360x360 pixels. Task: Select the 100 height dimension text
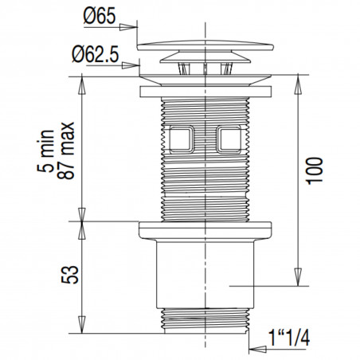(x=316, y=172)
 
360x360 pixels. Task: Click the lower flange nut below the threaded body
(x=205, y=231)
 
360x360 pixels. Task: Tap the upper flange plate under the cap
(x=205, y=91)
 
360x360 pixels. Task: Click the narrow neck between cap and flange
(x=205, y=68)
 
